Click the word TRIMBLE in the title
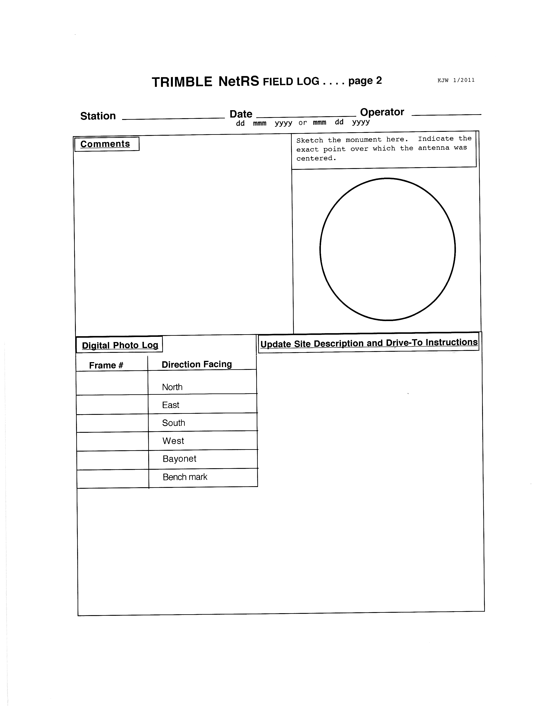click(182, 82)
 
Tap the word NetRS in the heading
click(239, 81)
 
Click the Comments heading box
click(105, 144)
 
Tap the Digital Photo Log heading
click(120, 345)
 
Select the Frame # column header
click(106, 365)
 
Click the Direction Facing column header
click(197, 364)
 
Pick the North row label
click(172, 387)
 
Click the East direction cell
click(171, 405)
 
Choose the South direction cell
click(174, 423)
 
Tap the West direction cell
click(173, 441)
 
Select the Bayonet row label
click(180, 459)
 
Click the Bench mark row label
click(185, 477)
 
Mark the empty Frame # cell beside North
click(112, 383)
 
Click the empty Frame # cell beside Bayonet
click(113, 460)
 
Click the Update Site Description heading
click(369, 343)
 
